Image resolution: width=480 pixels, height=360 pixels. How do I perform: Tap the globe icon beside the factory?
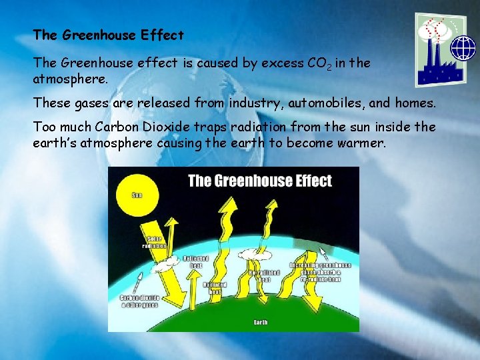(x=462, y=49)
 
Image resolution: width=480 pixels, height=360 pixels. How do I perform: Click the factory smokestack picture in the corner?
(x=433, y=50)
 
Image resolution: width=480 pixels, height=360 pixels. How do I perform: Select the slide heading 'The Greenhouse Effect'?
(x=108, y=34)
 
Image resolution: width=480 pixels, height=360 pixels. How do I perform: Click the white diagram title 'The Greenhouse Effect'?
(x=259, y=181)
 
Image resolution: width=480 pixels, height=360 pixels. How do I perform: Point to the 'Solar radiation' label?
(x=154, y=242)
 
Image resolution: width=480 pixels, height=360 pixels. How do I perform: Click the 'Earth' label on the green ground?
(x=261, y=323)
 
